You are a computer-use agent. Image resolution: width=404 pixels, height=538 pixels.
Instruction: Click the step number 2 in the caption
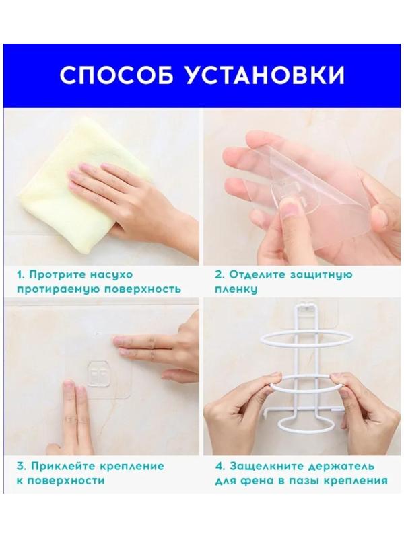(218, 275)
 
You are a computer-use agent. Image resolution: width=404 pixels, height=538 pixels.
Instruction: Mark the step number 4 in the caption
(218, 466)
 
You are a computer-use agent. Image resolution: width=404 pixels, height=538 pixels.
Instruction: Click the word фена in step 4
(259, 481)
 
